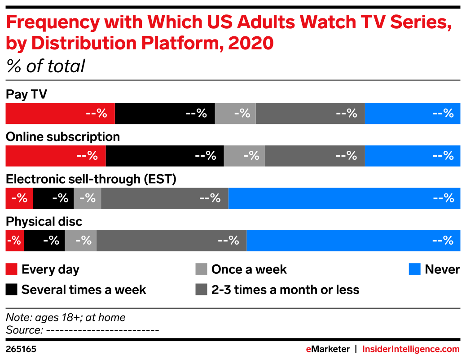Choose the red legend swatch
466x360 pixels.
(x=11, y=269)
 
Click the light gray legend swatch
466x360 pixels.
(x=201, y=269)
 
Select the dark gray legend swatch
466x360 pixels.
(x=201, y=289)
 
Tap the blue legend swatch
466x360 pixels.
(x=414, y=269)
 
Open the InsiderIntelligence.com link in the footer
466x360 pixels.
(x=411, y=349)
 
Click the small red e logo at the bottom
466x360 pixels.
(x=308, y=349)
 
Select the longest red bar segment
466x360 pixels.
(x=60, y=114)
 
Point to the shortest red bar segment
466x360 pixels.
(x=14, y=241)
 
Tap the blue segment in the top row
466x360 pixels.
(x=413, y=114)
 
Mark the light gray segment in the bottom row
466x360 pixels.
(x=81, y=241)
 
